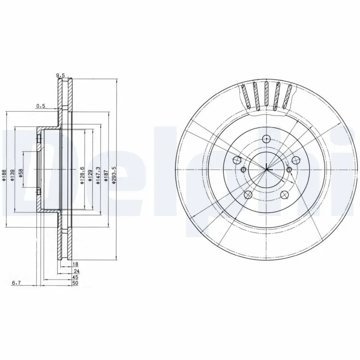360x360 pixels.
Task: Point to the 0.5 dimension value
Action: pyautogui.click(x=41, y=106)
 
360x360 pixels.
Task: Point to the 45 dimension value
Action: pyautogui.click(x=75, y=278)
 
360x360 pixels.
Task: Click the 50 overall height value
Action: pyautogui.click(x=75, y=284)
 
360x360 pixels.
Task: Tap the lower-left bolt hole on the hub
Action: pyautogui.click(x=247, y=194)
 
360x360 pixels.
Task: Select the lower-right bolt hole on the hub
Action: pyautogui.click(x=284, y=194)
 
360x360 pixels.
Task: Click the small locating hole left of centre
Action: pyautogui.click(x=243, y=170)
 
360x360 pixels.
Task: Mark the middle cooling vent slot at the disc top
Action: pyautogui.click(x=266, y=94)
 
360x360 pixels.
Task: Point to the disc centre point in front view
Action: pyautogui.click(x=266, y=169)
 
